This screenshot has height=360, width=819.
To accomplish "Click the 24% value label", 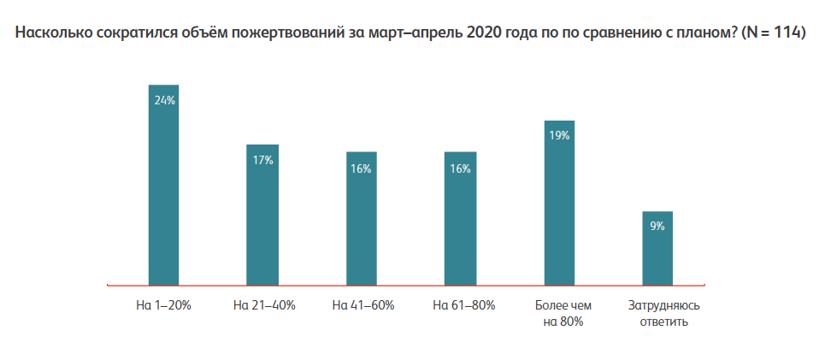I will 164,100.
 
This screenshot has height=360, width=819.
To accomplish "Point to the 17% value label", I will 262,160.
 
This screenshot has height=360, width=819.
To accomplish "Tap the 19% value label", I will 560,135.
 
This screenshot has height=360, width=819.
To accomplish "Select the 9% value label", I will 657,227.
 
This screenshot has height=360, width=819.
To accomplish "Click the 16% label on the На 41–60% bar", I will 361,168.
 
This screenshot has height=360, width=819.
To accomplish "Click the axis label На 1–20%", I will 163,305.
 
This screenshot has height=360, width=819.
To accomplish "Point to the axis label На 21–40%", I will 264,305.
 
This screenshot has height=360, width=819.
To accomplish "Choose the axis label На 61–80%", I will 463,305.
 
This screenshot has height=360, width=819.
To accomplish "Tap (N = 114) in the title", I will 772,34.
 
